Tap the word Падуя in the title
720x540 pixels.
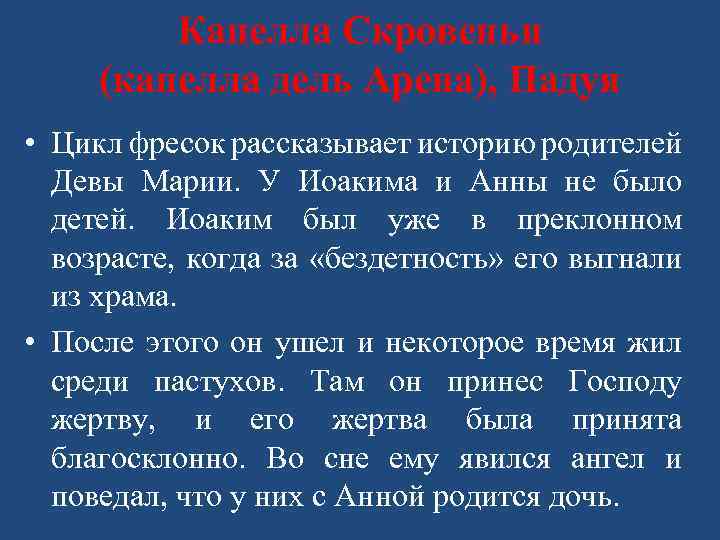coord(566,80)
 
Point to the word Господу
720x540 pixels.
coord(625,382)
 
